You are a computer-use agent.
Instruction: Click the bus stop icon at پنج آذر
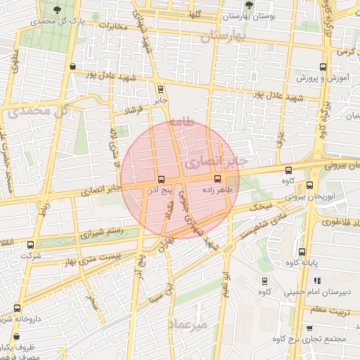click(161, 179)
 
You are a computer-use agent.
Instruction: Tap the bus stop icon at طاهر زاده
click(217, 179)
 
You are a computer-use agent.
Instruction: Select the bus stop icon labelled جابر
click(161, 89)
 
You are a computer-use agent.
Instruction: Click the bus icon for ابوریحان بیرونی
click(310, 186)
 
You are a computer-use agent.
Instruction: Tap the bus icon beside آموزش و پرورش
click(323, 67)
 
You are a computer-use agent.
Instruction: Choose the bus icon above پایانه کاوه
click(302, 252)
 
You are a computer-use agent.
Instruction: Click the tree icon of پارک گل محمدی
click(56, 10)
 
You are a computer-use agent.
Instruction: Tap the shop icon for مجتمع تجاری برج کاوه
click(310, 328)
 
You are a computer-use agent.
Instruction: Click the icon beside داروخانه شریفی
click(16, 308)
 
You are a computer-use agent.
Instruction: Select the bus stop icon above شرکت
click(30, 245)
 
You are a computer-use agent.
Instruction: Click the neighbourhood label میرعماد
click(188, 325)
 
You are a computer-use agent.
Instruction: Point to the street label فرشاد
click(132, 110)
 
